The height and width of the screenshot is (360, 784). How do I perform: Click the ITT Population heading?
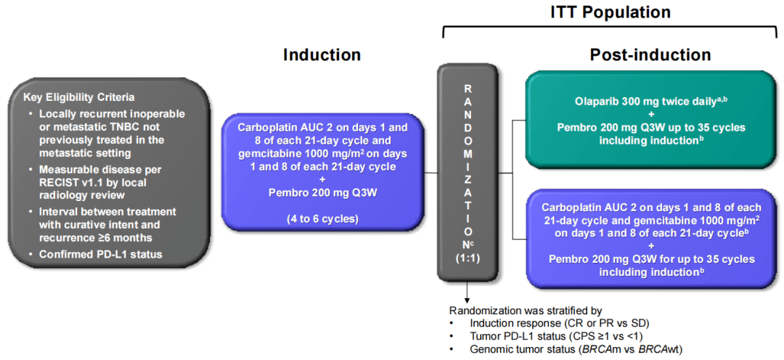[609, 12]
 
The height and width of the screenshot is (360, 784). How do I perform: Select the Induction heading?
[322, 54]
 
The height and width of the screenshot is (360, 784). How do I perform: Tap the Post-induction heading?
[650, 54]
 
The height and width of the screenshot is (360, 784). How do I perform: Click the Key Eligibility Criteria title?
[78, 97]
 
